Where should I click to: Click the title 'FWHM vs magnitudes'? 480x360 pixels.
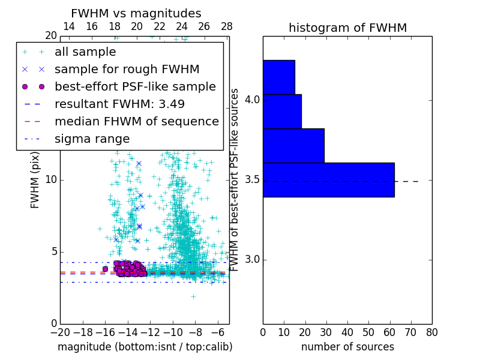(x=136, y=14)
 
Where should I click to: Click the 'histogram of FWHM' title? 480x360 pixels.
(x=347, y=28)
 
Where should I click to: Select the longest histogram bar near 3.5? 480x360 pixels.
(x=328, y=179)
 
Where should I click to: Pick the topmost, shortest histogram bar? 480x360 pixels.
(x=278, y=77)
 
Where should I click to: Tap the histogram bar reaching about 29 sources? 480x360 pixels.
(x=293, y=145)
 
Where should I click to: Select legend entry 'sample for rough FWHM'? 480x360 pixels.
(x=127, y=70)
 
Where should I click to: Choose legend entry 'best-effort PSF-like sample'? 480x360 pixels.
(x=135, y=87)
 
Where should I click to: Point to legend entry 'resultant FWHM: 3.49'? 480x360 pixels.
(x=119, y=104)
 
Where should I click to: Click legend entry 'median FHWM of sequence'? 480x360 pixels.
(x=136, y=122)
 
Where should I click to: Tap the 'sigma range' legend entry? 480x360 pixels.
(x=92, y=139)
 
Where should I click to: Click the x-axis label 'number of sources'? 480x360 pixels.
(x=347, y=347)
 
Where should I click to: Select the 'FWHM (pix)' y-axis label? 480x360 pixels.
(x=35, y=181)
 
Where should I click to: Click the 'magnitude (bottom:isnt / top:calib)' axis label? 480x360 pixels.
(x=145, y=347)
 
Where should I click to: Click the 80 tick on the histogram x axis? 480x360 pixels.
(x=431, y=331)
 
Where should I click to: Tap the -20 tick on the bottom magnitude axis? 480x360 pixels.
(x=60, y=331)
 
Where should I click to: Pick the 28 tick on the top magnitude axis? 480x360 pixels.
(x=227, y=27)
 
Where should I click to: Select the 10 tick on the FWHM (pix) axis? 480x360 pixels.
(x=50, y=180)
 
